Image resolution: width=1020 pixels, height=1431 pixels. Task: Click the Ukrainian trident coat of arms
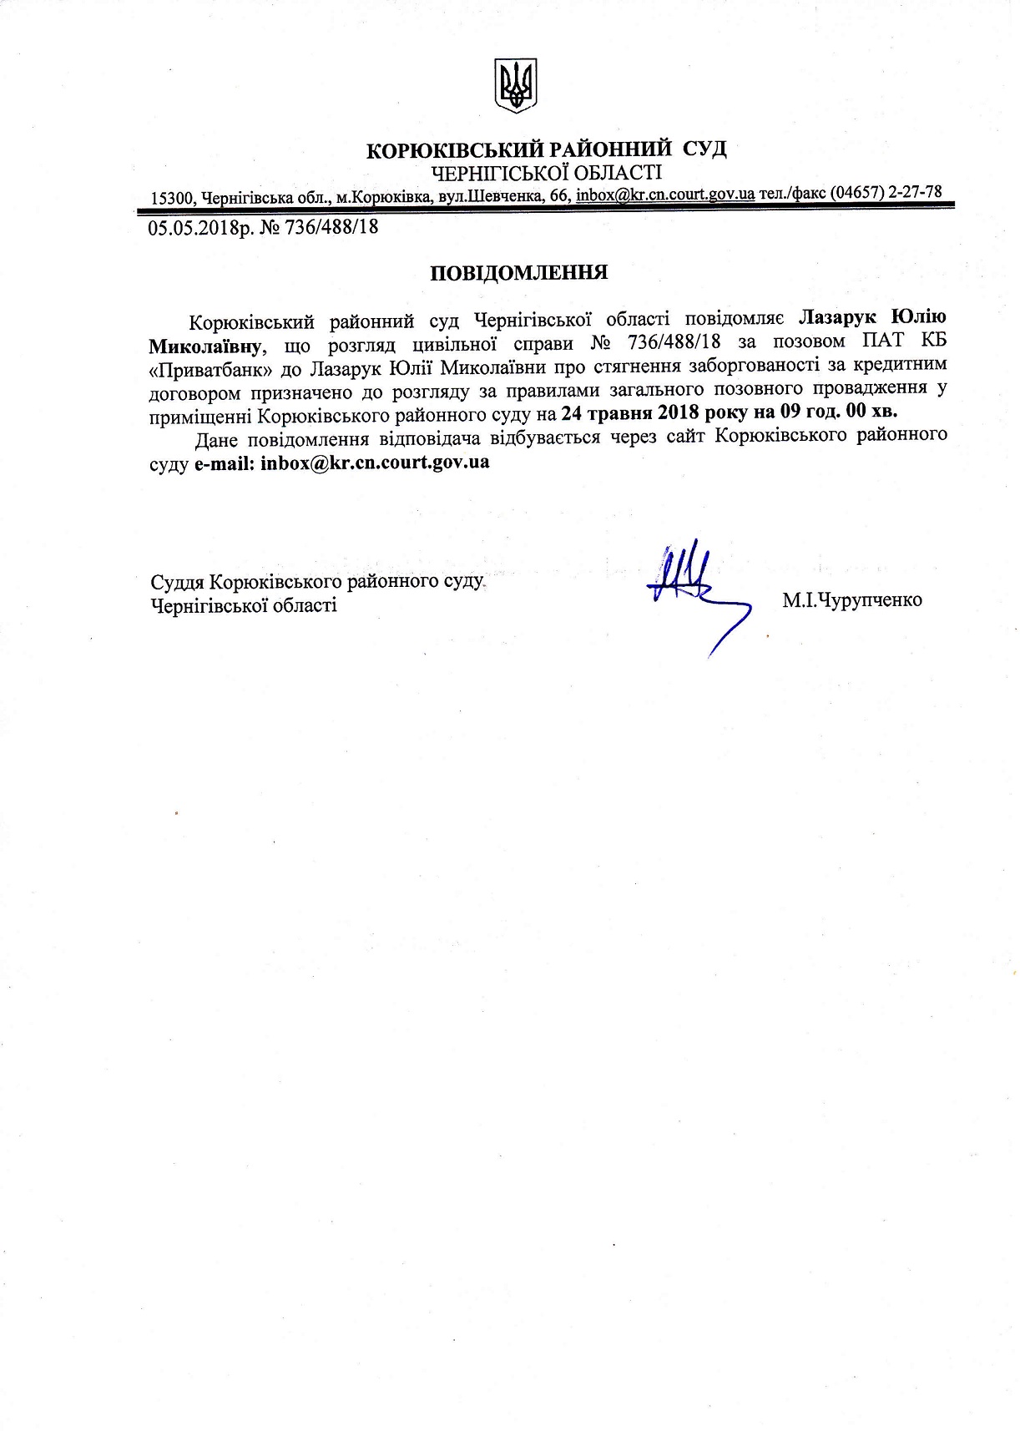click(516, 86)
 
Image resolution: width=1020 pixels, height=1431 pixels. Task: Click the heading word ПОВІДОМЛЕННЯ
click(518, 273)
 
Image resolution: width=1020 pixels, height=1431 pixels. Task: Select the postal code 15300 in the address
click(172, 198)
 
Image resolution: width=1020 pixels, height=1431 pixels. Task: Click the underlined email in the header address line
click(665, 195)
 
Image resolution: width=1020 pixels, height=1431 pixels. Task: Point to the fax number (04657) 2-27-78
click(886, 192)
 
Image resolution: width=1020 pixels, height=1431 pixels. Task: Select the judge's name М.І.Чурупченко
click(852, 599)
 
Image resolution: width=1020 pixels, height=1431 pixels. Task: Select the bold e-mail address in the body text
click(375, 462)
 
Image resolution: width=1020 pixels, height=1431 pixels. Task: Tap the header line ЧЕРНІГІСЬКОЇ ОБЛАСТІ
click(545, 173)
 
